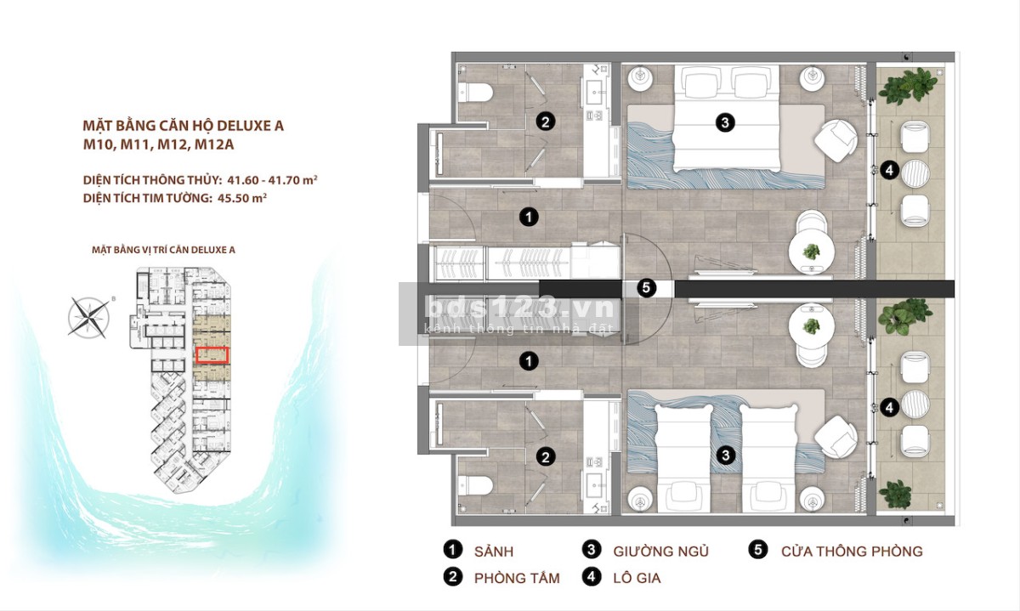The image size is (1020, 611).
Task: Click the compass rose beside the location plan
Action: (x=88, y=317)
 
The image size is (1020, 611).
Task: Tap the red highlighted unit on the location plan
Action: (x=212, y=355)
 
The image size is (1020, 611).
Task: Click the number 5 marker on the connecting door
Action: (x=646, y=288)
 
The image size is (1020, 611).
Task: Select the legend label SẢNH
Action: (x=494, y=552)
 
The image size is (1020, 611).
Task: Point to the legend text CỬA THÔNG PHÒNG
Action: (x=852, y=552)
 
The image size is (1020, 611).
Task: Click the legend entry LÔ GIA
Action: (x=637, y=578)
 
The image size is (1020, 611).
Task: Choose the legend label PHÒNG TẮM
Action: (x=517, y=578)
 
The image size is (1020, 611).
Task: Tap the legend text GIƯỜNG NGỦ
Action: (x=660, y=552)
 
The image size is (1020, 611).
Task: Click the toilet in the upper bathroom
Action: (x=476, y=93)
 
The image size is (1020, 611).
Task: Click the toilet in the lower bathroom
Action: (x=476, y=486)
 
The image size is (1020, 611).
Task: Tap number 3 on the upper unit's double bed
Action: (x=725, y=122)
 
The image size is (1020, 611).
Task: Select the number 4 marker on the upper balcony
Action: (x=889, y=170)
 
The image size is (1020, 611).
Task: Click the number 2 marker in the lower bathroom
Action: (x=546, y=456)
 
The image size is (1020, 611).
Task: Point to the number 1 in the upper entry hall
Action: (x=529, y=218)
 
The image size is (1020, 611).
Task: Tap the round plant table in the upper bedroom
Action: (x=812, y=252)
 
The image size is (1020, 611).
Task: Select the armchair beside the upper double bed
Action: (x=836, y=141)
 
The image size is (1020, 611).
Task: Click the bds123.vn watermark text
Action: (x=520, y=308)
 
